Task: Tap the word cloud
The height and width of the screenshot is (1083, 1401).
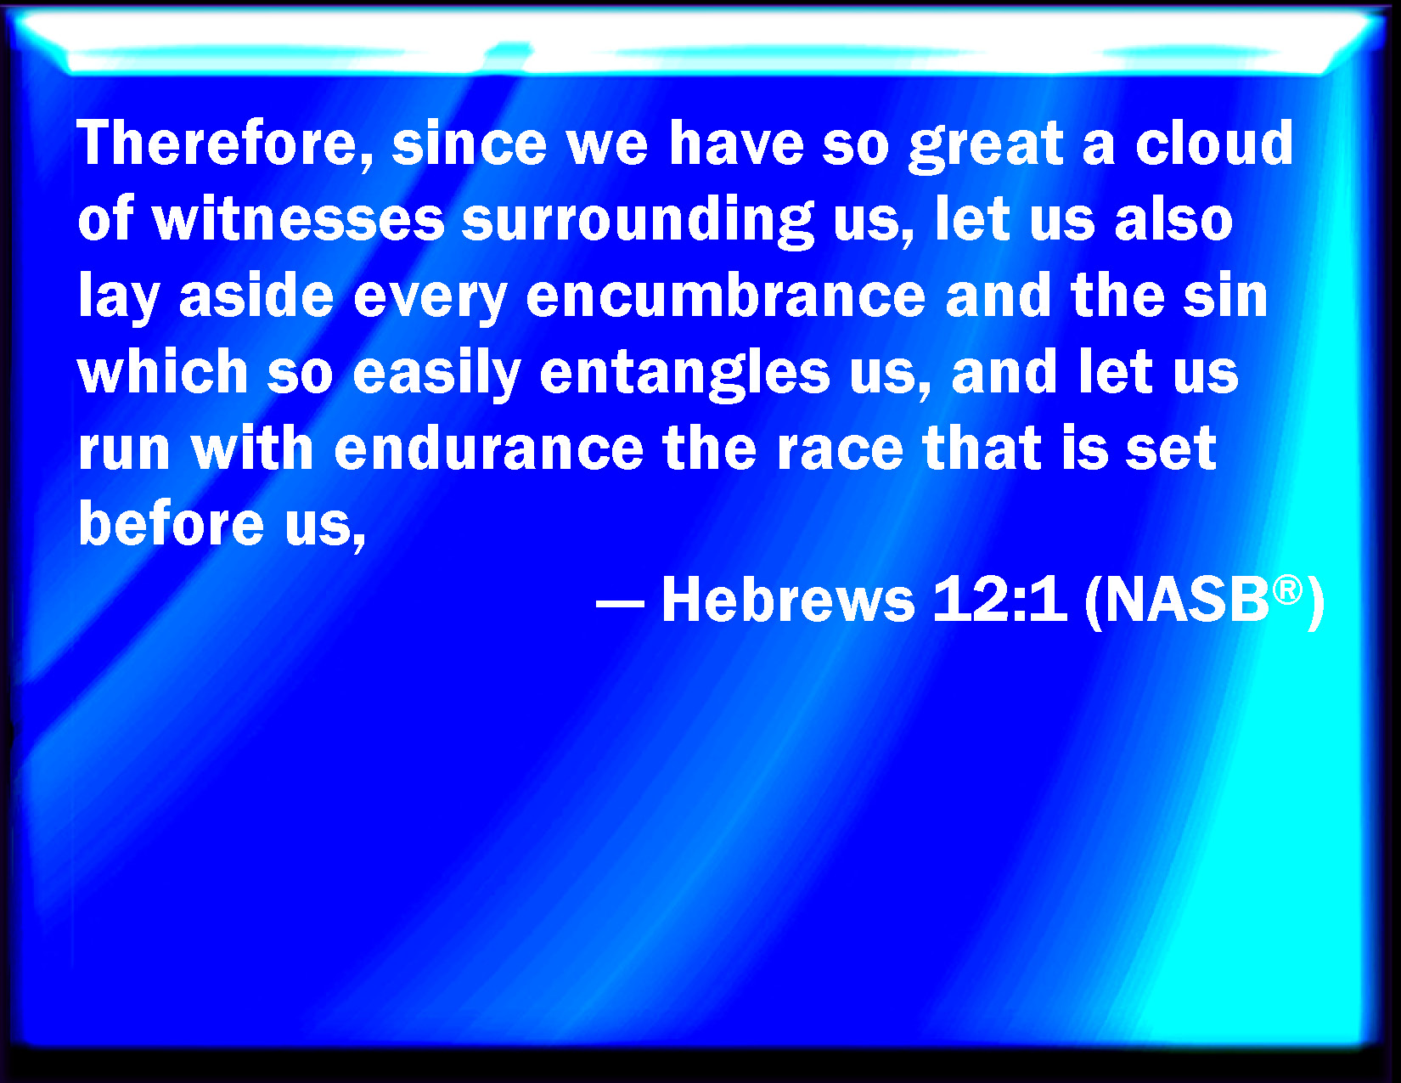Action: pos(1214,143)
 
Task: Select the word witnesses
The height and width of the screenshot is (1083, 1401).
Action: pos(299,219)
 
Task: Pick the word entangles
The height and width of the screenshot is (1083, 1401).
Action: pos(684,374)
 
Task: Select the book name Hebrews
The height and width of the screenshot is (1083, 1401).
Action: pos(789,600)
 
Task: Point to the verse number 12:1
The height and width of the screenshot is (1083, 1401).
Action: pos(999,600)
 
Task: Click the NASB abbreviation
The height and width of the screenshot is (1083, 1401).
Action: pos(1188,600)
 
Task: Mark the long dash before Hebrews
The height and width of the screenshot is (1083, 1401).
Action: pos(620,604)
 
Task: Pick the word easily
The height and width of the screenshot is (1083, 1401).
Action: pos(436,374)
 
